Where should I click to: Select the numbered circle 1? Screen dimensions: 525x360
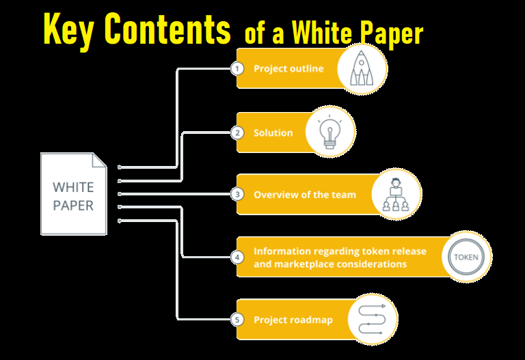tap(237, 69)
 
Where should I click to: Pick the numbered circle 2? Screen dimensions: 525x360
tap(237, 133)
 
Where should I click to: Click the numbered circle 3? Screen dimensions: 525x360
tap(237, 195)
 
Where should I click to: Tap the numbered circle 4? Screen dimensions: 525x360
tap(237, 258)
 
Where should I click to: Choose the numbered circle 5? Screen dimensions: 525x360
tap(237, 320)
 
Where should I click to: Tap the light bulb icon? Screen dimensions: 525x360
tap(330, 132)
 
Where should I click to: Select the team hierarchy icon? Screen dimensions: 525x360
tap(396, 195)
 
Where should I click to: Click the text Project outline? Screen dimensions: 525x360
tap(288, 69)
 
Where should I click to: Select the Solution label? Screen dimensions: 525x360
tap(273, 133)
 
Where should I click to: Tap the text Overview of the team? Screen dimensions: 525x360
tap(305, 195)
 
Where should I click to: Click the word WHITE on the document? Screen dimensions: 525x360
tap(74, 187)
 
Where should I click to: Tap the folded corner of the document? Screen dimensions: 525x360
tap(100, 160)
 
